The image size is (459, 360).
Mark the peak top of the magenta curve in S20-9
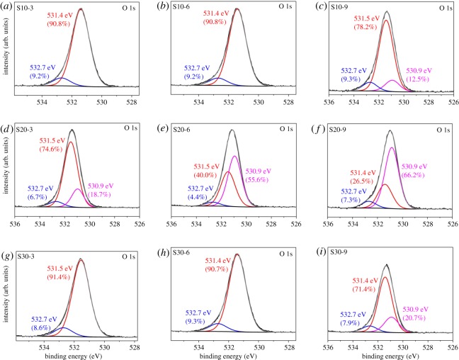coord(392,147)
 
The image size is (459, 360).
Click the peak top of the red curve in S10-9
coord(386,20)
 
